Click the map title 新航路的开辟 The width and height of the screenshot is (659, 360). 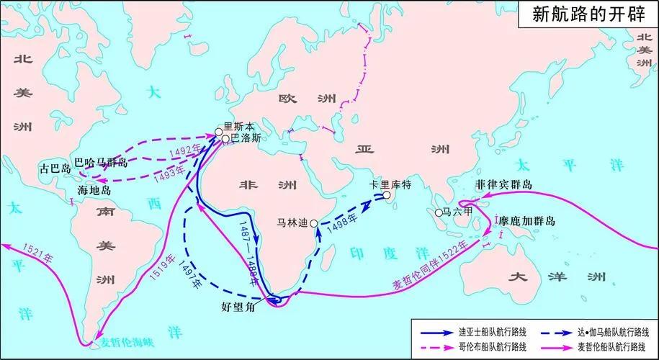(588, 15)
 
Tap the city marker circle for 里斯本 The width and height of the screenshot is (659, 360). (219, 132)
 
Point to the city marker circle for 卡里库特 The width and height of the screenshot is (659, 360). (387, 195)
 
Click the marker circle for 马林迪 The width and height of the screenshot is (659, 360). (314, 224)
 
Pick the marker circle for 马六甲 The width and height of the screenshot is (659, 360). (438, 213)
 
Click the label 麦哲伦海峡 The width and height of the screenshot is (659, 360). (130, 342)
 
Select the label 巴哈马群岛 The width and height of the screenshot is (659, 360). (102, 163)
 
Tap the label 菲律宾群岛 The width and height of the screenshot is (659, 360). (503, 185)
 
